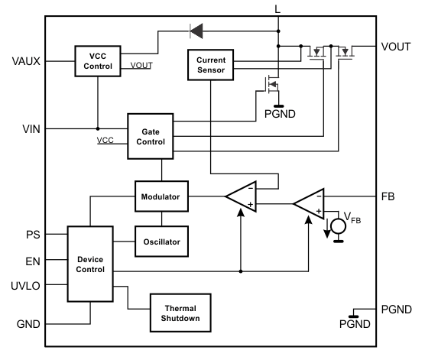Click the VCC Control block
98,61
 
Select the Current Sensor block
210,65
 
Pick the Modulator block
160,197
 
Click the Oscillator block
160,241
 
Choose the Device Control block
90,264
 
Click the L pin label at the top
277,9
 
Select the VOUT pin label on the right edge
397,47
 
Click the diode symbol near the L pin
196,31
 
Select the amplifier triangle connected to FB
309,203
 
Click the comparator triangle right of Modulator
241,197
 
